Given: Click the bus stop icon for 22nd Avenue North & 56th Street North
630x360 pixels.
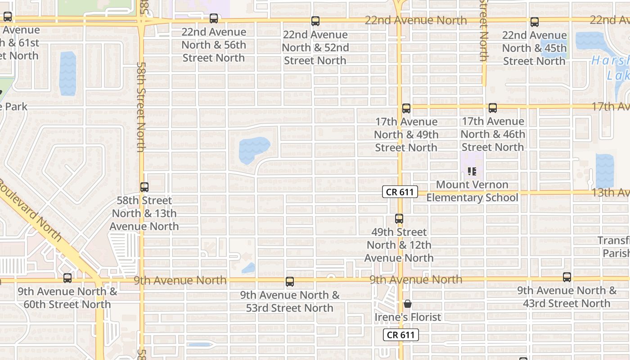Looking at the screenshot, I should tap(214, 18).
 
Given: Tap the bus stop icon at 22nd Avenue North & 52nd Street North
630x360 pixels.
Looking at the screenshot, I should tap(315, 21).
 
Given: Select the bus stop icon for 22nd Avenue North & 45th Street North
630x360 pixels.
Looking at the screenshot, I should tap(534, 22).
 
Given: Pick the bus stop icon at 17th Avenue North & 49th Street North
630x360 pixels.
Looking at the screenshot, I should tap(406, 108).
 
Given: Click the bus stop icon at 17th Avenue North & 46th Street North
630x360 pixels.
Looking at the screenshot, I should tap(493, 108).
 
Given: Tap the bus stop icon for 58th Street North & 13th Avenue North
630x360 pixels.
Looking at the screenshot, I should tap(144, 187).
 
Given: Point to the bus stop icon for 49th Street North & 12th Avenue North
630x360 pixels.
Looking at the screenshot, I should tap(399, 219).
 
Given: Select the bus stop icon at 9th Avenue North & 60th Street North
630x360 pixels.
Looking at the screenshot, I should tap(67, 278).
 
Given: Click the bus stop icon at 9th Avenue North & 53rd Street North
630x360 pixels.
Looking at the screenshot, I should tap(290, 282).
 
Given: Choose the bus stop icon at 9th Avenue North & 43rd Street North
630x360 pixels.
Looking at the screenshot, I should tap(567, 277).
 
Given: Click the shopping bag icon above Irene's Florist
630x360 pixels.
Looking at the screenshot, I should tap(408, 304).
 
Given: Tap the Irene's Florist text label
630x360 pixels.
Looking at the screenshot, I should tap(408, 317).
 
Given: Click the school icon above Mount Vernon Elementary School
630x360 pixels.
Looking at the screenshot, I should tap(472, 171).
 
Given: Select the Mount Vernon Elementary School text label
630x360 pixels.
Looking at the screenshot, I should tap(472, 191).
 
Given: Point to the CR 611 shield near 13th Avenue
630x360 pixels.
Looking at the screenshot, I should tap(400, 192).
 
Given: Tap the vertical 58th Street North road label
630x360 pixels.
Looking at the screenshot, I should tap(141, 107).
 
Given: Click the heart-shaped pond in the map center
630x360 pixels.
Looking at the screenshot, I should tap(253, 149).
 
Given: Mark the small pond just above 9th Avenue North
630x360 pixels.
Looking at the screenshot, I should tap(248, 268).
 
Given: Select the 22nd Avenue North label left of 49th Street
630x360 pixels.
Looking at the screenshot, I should tap(415, 20).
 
